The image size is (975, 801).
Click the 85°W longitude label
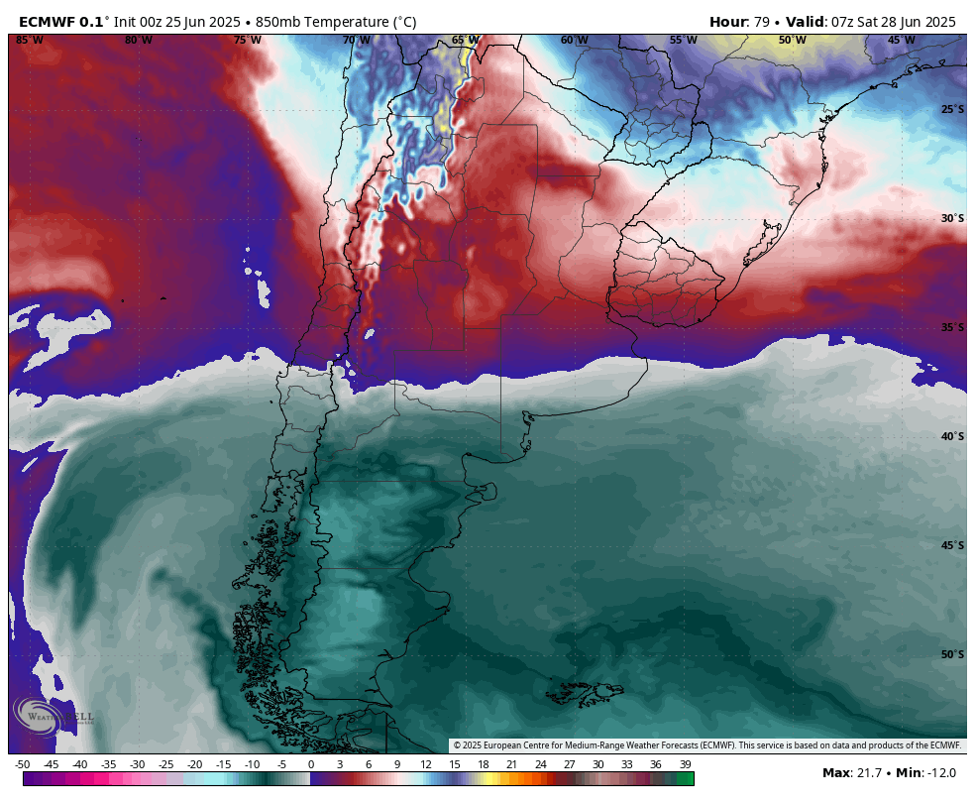tap(30, 41)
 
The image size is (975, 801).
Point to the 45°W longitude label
tap(901, 41)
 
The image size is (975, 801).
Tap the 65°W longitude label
tap(465, 41)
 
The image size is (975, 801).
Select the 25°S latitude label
tap(952, 109)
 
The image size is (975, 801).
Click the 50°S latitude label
tap(952, 654)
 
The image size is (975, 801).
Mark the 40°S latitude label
tap(952, 436)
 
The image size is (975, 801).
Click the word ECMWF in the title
tap(47, 22)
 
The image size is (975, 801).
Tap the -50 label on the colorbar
tap(23, 764)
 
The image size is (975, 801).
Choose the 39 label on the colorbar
tap(685, 764)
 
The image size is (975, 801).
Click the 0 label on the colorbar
tap(311, 764)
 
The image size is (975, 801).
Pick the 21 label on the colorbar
tap(512, 764)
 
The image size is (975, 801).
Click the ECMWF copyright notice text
tap(706, 745)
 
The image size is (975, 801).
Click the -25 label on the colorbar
tap(166, 764)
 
